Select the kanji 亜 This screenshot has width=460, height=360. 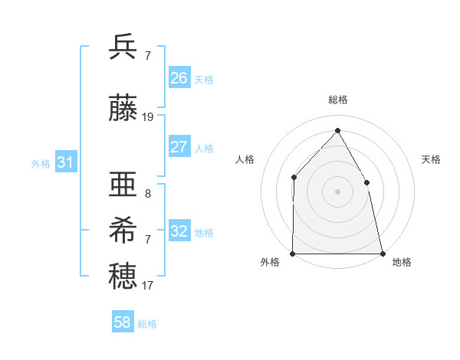point(123,185)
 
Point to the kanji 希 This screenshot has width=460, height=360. point(123,229)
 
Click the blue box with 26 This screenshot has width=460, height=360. point(179,78)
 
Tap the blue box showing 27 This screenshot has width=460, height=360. point(179,147)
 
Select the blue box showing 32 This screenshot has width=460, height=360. point(179,231)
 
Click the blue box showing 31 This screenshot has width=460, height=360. point(65,162)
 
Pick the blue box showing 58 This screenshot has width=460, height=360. point(123,322)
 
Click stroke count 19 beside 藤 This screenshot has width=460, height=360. point(148,117)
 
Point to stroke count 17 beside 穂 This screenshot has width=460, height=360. point(148,286)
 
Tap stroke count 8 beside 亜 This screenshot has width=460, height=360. point(148,194)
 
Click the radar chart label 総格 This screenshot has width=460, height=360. point(337,100)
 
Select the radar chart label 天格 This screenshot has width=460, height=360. point(432,159)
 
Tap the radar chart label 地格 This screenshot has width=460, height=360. point(402,262)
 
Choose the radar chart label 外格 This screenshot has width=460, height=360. point(270,262)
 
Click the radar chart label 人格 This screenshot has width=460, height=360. point(245,159)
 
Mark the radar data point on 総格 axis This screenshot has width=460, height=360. point(337,130)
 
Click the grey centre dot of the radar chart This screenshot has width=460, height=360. point(337,191)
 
